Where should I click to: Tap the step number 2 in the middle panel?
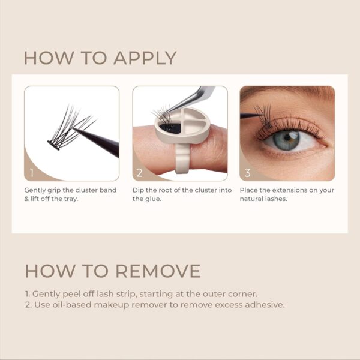(x=139, y=173)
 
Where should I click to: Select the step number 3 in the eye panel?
(x=247, y=173)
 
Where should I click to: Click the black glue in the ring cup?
(x=172, y=127)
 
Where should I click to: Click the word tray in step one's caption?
(x=83, y=199)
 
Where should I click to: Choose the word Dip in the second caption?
(x=139, y=190)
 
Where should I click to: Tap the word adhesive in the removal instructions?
(x=262, y=304)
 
